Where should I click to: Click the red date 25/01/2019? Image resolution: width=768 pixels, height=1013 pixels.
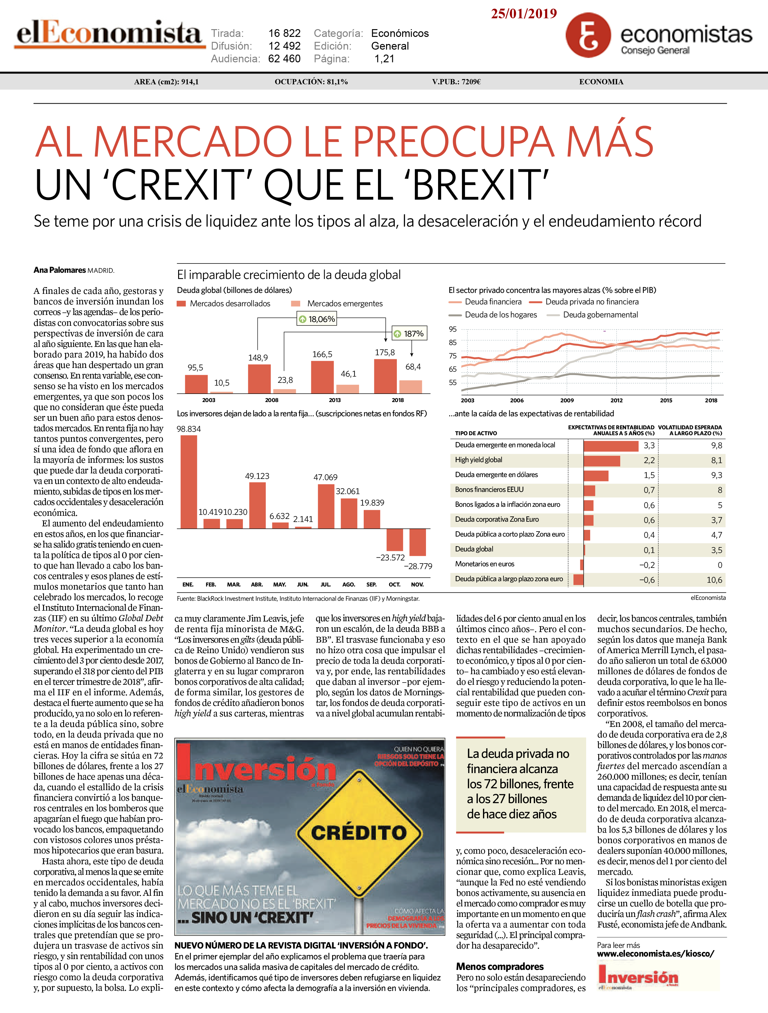(524, 13)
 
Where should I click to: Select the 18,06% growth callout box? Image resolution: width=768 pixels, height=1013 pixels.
(317, 319)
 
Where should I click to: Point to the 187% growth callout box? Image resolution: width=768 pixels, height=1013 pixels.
(409, 334)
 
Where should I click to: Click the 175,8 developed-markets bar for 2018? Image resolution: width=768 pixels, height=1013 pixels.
(385, 376)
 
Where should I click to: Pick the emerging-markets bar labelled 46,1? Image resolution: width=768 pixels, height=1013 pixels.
(347, 389)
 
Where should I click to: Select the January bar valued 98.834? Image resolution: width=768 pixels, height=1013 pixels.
(189, 482)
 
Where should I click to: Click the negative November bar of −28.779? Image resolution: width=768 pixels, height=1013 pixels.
(417, 542)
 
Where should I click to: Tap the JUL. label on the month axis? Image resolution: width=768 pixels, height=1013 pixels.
(325, 584)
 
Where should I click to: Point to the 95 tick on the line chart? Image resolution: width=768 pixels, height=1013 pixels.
(453, 329)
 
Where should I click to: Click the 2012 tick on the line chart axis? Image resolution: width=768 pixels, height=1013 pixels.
(617, 400)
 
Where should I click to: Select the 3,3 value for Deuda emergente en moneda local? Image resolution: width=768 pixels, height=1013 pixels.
(649, 445)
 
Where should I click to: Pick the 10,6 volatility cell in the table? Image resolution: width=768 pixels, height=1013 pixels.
(714, 580)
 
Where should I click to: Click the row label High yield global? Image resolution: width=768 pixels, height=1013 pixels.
(478, 460)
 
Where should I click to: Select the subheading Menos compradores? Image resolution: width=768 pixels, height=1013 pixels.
(500, 966)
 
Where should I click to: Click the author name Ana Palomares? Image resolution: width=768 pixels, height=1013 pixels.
(59, 270)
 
